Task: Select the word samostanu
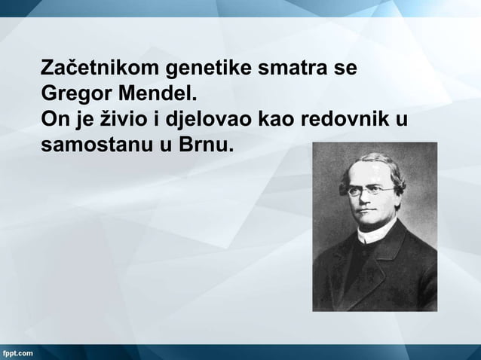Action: pyautogui.click(x=96, y=145)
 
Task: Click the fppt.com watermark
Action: pyautogui.click(x=18, y=352)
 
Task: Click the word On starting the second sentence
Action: pyautogui.click(x=54, y=119)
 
